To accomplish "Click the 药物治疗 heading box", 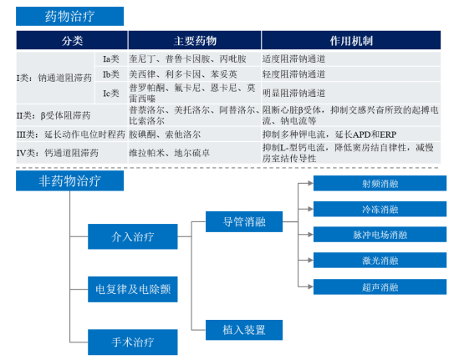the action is (x=69, y=16).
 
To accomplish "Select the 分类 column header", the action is (x=72, y=40).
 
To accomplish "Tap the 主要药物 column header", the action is (x=195, y=40).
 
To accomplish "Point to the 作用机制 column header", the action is (x=351, y=40).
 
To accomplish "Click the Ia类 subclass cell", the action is (x=111, y=59).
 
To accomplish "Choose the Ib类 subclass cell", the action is (x=111, y=74).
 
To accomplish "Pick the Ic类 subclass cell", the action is (x=111, y=93).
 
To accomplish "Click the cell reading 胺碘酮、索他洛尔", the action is (x=165, y=134).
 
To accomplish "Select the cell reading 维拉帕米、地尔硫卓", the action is (x=169, y=153).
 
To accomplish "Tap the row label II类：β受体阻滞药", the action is (x=54, y=115).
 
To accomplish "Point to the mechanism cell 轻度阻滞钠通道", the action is (x=293, y=74).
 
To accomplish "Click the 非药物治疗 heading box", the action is (x=69, y=180).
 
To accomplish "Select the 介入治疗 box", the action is (x=133, y=236).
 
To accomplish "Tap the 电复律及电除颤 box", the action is (x=133, y=289).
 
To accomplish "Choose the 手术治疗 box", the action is (x=133, y=342).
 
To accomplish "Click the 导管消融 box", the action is (x=244, y=221).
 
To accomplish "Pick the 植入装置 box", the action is (x=244, y=330).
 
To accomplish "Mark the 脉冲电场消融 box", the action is (x=380, y=235).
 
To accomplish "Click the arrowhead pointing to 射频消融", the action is (x=310, y=184).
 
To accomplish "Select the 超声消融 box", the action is (x=380, y=286).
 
